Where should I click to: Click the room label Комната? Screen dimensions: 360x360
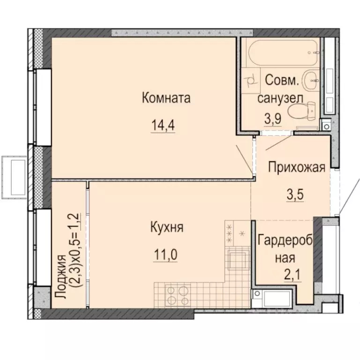(x=165, y=98)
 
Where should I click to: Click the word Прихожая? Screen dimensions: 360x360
(x=296, y=168)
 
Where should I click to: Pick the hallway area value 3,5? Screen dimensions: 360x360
(x=295, y=193)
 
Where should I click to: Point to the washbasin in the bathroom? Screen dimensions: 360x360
(x=310, y=81)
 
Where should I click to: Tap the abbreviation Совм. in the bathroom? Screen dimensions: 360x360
(x=281, y=80)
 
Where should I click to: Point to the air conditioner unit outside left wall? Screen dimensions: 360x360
(x=14, y=169)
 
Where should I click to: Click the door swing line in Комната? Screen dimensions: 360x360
(x=244, y=160)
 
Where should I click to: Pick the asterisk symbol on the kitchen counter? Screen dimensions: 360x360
(x=242, y=232)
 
